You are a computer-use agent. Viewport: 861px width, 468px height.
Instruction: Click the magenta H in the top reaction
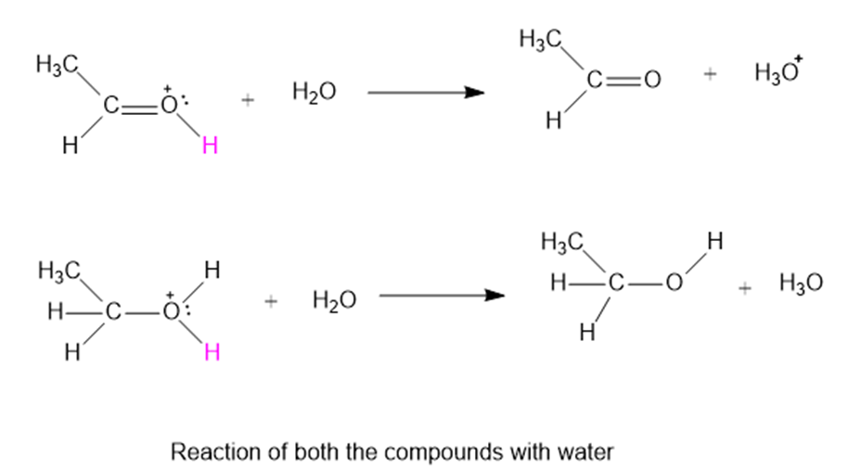(210, 147)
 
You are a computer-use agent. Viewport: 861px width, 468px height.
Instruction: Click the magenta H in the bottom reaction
(211, 353)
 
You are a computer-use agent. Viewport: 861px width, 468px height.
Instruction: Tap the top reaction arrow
(426, 93)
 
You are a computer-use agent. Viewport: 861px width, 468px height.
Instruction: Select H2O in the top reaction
(314, 93)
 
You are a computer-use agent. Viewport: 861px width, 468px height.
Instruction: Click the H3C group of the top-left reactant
(56, 66)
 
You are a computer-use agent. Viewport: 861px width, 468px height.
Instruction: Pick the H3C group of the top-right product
(541, 41)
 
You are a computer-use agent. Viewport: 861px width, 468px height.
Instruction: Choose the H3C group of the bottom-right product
(562, 245)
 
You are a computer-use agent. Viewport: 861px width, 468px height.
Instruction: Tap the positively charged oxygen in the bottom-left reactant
(169, 311)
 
